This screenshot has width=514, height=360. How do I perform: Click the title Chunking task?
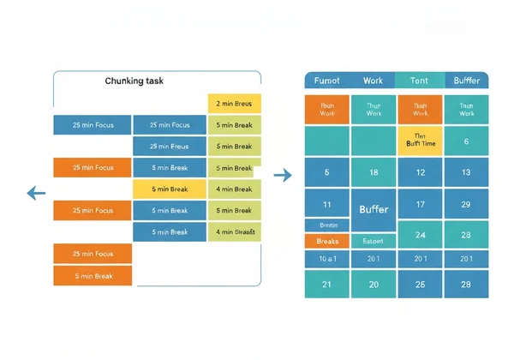tap(134, 81)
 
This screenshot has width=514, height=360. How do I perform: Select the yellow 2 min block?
tap(234, 104)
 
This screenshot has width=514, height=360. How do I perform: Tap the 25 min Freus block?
tap(170, 147)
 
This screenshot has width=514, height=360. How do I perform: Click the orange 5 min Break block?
tap(93, 276)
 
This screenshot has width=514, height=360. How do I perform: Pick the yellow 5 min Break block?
tap(170, 189)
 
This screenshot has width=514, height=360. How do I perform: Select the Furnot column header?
tap(327, 81)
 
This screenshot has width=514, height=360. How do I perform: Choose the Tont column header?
tap(420, 81)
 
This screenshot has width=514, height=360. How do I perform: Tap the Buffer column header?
tap(466, 81)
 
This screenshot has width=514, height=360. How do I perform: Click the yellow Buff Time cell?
tap(420, 141)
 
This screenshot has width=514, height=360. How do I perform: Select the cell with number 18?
tap(374, 172)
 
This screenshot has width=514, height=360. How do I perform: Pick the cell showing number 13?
tap(466, 172)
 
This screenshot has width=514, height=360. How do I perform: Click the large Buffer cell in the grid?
tap(374, 209)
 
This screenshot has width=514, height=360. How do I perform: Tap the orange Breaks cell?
tap(327, 242)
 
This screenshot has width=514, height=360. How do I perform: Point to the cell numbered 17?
tap(420, 205)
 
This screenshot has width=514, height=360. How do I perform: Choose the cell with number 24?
tap(420, 234)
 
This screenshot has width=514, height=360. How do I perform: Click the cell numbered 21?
tap(327, 284)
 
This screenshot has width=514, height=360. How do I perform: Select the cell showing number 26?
tap(420, 284)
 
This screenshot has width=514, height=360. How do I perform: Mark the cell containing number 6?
tap(466, 141)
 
